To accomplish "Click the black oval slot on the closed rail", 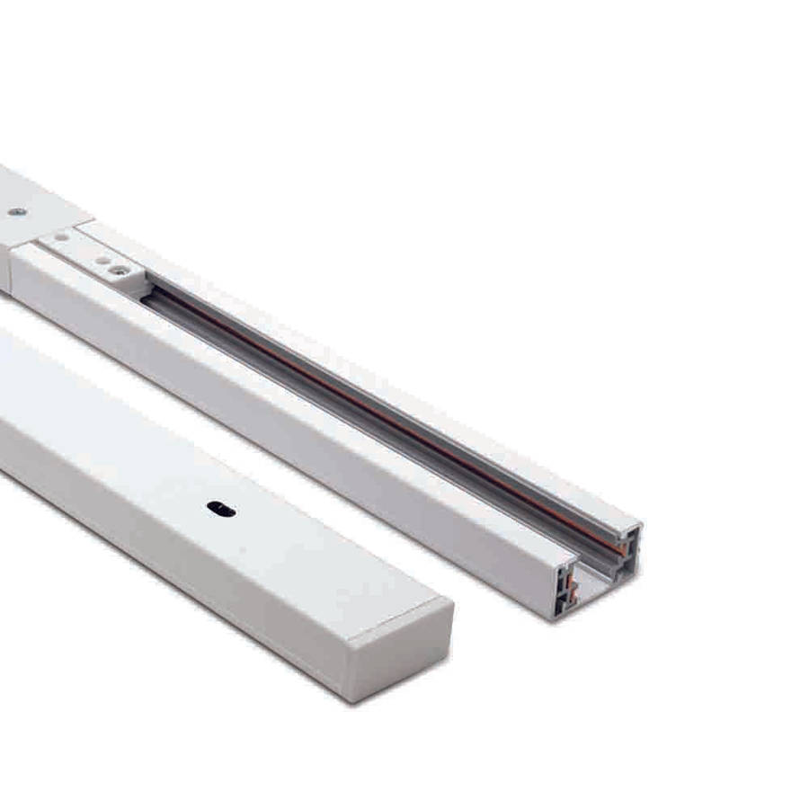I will [220, 509].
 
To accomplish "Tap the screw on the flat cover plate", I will [16, 211].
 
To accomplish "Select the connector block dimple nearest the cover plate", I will [61, 236].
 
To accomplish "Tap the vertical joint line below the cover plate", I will [9, 270].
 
